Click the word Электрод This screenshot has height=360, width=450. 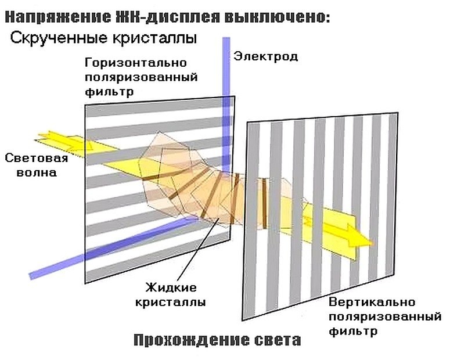(265, 56)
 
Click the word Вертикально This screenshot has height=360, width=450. (372, 303)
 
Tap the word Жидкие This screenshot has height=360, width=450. (172, 287)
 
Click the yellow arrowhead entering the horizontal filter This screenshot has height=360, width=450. (61, 141)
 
